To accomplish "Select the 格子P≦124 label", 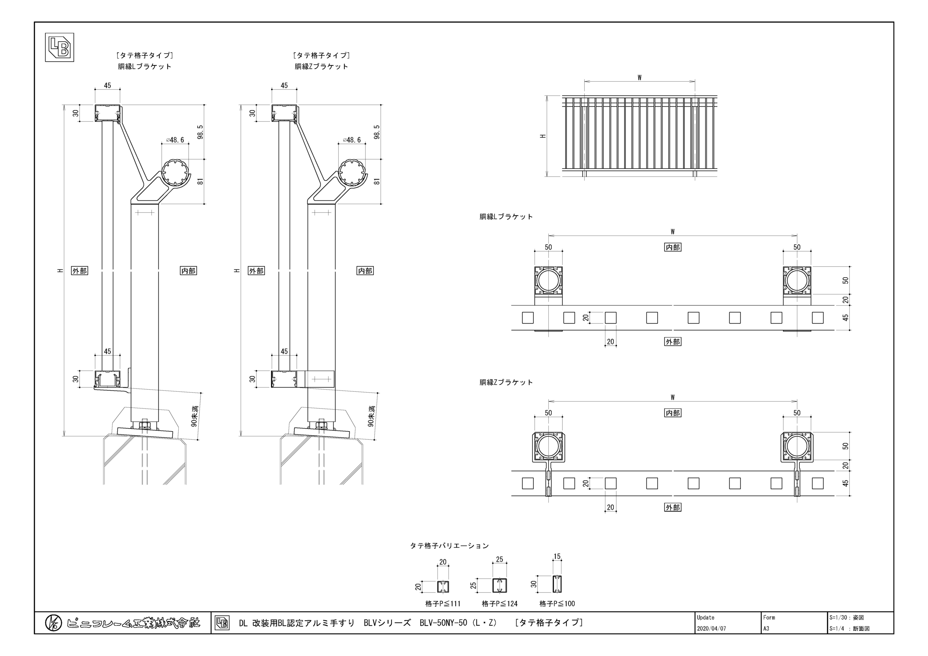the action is pyautogui.click(x=500, y=603).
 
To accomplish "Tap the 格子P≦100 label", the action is pyautogui.click(x=557, y=603).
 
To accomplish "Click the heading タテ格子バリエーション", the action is pyautogui.click(x=450, y=546).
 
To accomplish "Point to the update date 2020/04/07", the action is pyautogui.click(x=711, y=629).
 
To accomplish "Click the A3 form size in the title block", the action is pyautogui.click(x=766, y=629).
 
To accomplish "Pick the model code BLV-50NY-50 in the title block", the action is pyautogui.click(x=443, y=623).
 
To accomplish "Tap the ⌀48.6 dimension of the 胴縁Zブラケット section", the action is pyautogui.click(x=352, y=140).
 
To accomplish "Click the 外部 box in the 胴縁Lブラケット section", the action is pyautogui.click(x=80, y=271).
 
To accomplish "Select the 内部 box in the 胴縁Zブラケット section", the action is pyautogui.click(x=365, y=271).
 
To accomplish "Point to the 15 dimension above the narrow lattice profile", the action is pyautogui.click(x=557, y=556).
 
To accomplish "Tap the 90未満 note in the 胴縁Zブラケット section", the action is pyautogui.click(x=371, y=416).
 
